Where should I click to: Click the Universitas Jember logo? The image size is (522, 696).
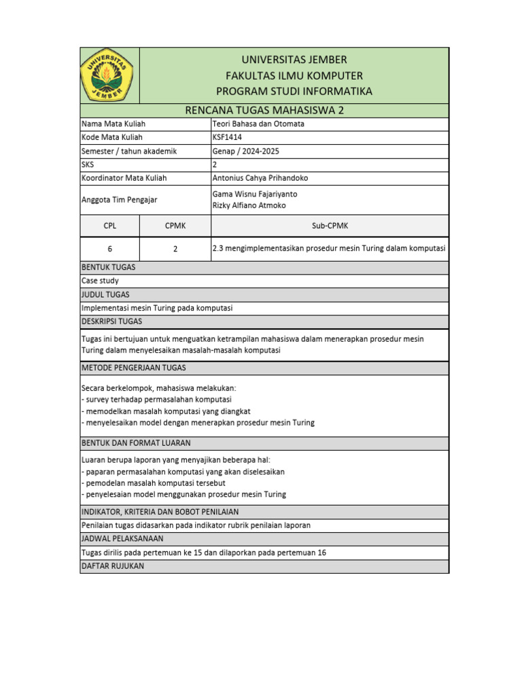tap(109, 75)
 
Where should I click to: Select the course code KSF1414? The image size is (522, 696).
tap(227, 137)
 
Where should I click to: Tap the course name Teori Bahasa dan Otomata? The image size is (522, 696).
tap(259, 124)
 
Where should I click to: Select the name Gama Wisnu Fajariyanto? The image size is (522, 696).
tap(255, 194)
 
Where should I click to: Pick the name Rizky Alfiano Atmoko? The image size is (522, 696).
tap(249, 205)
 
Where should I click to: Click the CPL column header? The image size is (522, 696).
tap(109, 226)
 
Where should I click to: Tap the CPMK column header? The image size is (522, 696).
tap(175, 226)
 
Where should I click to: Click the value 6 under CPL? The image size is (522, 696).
tap(109, 249)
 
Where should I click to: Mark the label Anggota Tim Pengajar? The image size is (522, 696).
tap(120, 200)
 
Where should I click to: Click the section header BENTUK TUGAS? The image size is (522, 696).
tap(108, 267)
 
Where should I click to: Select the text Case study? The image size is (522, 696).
tap(100, 281)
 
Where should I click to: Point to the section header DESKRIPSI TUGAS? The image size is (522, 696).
tap(111, 321)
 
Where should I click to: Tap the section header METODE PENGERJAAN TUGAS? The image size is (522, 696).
tap(133, 368)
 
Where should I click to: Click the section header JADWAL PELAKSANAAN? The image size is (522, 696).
tap(122, 538)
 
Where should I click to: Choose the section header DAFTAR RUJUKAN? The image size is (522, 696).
tap(113, 566)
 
